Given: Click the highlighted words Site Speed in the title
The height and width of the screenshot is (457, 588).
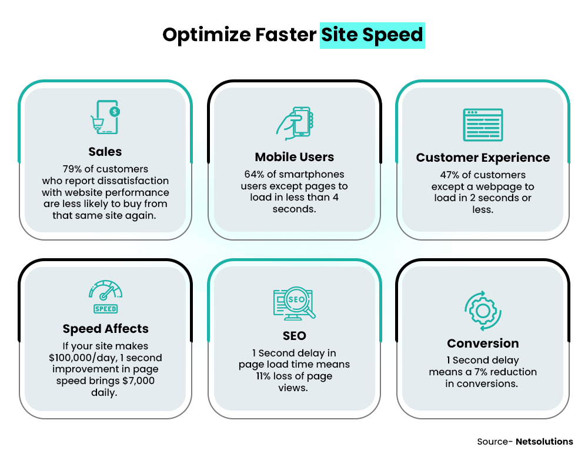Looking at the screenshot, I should [x=372, y=35].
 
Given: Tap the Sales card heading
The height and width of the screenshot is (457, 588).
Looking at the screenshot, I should [x=105, y=152].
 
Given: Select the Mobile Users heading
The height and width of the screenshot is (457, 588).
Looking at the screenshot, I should [x=294, y=157].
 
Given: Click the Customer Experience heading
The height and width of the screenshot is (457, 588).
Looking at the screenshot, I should [x=483, y=158].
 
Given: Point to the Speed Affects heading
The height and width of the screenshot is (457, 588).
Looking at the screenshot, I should [x=105, y=329].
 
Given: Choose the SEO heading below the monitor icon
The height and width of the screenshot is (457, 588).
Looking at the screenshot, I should [x=294, y=336].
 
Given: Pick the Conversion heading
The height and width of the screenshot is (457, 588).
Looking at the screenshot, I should [x=483, y=343].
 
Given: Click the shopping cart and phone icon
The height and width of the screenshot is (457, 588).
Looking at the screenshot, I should [x=105, y=118].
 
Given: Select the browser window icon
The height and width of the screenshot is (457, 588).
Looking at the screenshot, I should [x=483, y=125].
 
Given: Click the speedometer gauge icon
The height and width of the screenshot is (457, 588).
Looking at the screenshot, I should [x=105, y=296].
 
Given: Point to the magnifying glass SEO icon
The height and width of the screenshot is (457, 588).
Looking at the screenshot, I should [x=295, y=303].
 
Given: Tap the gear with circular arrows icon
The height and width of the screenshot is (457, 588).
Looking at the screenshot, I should [x=483, y=309].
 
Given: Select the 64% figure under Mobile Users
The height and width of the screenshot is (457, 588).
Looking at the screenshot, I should [x=254, y=174].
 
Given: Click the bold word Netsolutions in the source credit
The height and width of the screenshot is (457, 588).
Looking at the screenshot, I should [x=544, y=441].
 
